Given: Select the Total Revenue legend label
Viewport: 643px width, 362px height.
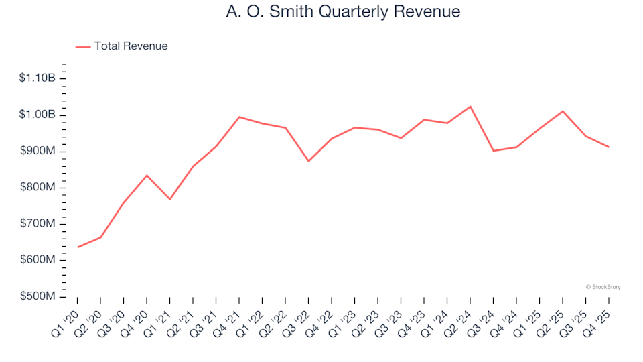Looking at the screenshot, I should click(x=131, y=46).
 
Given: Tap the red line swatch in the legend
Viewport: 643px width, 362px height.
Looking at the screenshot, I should click(x=83, y=47).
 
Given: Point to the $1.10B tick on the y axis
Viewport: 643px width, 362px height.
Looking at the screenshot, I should click(x=38, y=78).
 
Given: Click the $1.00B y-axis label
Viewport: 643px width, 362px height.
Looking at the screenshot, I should click(x=38, y=115).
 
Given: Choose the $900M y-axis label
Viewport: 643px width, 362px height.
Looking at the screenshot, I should click(x=39, y=151).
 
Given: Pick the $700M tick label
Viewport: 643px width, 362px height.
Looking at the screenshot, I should click(x=39, y=223).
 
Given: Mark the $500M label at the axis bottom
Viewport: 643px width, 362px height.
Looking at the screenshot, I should click(x=39, y=296).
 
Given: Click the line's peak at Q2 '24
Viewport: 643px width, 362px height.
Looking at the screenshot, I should click(x=470, y=107).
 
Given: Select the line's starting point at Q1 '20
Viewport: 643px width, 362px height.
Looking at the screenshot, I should click(x=78, y=247).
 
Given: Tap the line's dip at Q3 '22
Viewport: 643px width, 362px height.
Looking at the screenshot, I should click(x=309, y=161).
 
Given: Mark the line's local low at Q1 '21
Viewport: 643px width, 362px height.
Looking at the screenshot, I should click(x=170, y=199).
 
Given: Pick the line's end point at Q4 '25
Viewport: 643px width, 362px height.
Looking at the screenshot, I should click(x=608, y=147).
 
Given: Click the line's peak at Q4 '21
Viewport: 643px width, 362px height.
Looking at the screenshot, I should click(x=239, y=117).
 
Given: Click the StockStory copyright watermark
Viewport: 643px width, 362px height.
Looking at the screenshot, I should click(x=603, y=287).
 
